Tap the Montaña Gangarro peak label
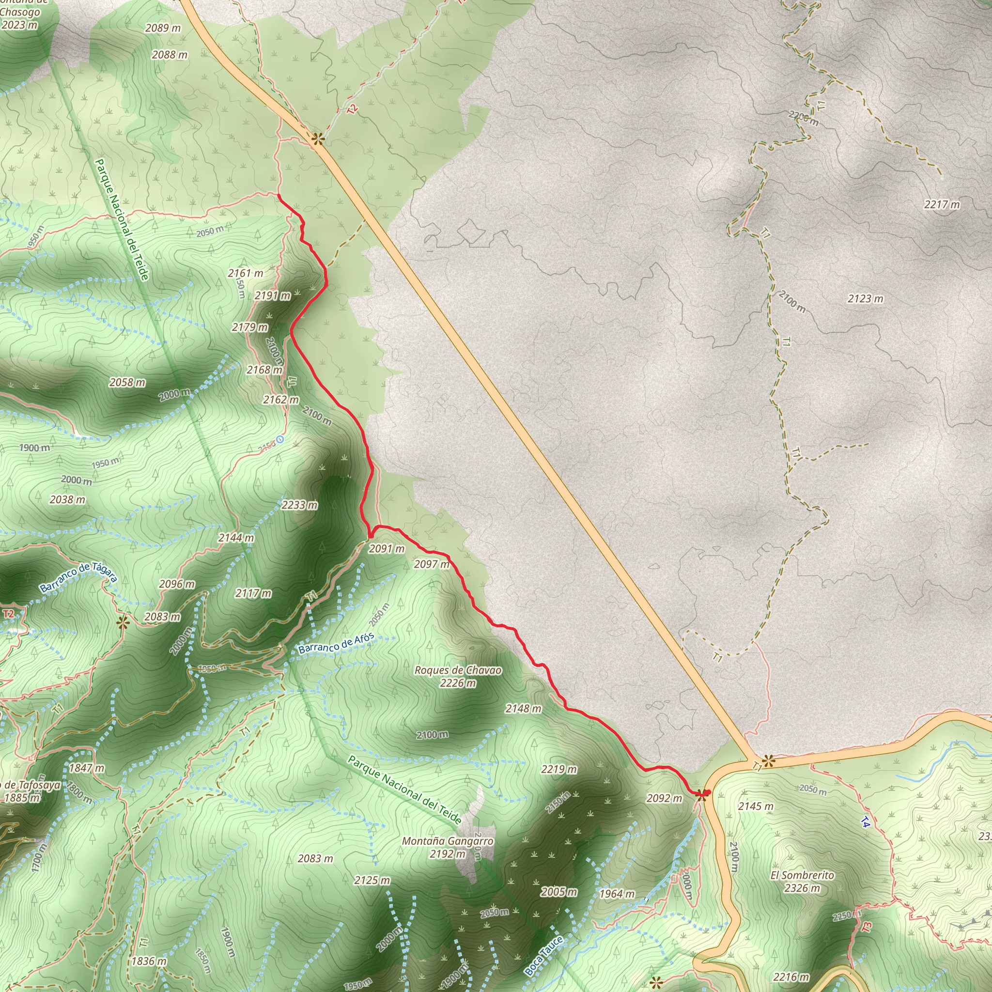(447, 841)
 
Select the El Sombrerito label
(802, 875)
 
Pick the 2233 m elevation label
(299, 505)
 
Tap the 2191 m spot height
(273, 295)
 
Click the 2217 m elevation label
(942, 204)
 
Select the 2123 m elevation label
(866, 298)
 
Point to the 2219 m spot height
(558, 769)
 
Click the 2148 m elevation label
(523, 709)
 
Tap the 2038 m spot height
(68, 499)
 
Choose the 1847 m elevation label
(87, 768)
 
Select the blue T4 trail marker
(865, 822)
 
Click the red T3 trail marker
(867, 927)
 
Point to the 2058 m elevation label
(127, 382)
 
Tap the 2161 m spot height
(246, 273)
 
